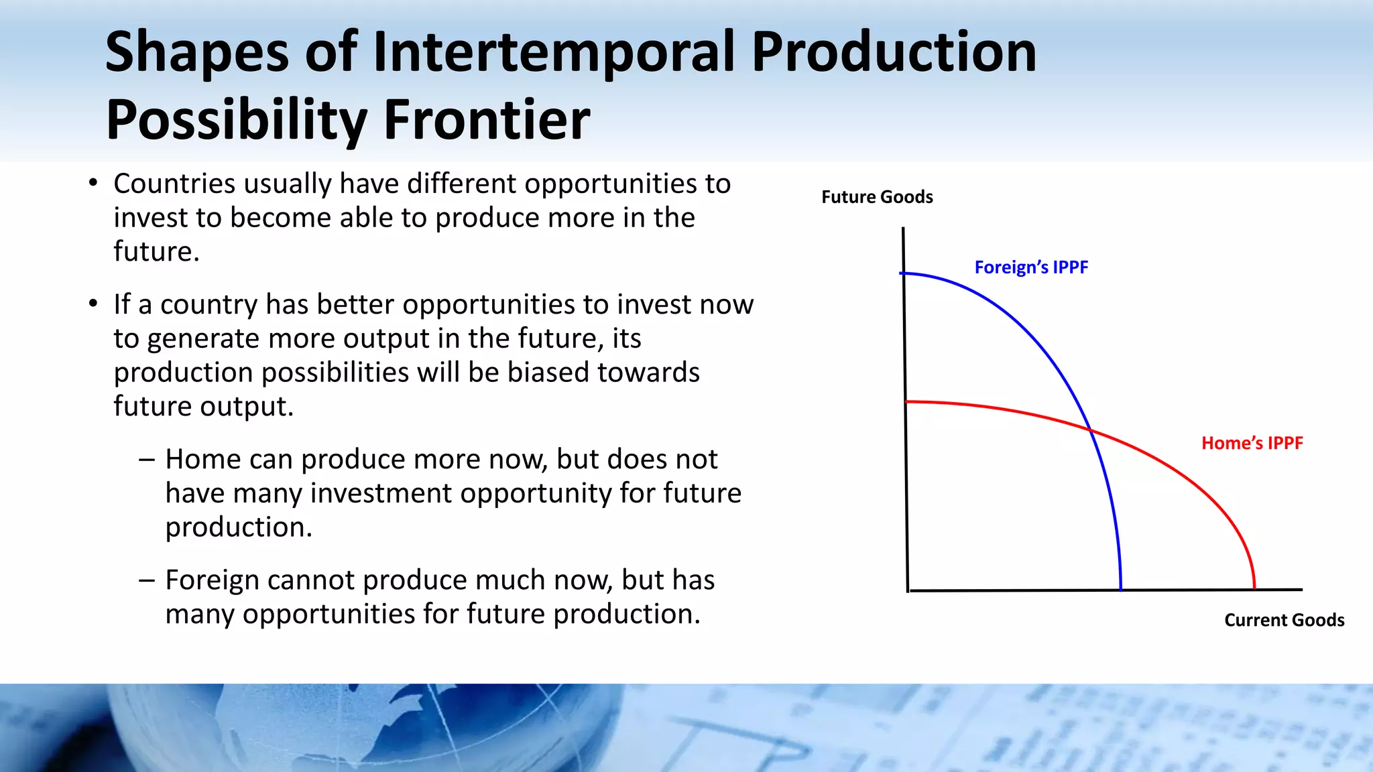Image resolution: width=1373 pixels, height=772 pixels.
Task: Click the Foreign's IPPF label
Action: (1030, 267)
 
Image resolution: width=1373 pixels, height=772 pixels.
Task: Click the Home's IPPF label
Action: (1252, 443)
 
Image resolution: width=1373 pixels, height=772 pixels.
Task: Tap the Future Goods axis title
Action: (877, 197)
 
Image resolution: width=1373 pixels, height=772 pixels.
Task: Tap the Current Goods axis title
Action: (1284, 620)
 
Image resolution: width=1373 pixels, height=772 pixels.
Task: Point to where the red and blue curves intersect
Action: (1089, 430)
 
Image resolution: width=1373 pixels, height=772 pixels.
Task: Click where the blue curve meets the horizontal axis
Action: (1121, 590)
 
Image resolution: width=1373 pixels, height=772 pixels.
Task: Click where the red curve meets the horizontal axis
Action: (1254, 589)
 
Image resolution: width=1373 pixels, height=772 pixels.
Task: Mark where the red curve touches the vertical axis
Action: (906, 401)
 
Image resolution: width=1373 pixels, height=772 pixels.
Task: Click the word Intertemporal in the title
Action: (554, 52)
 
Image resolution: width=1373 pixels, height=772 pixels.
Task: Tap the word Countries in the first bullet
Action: (174, 184)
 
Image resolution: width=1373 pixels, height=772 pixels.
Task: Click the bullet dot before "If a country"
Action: (93, 304)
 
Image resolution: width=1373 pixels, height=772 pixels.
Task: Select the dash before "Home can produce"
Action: (147, 460)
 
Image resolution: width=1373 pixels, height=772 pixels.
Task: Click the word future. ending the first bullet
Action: (156, 252)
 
